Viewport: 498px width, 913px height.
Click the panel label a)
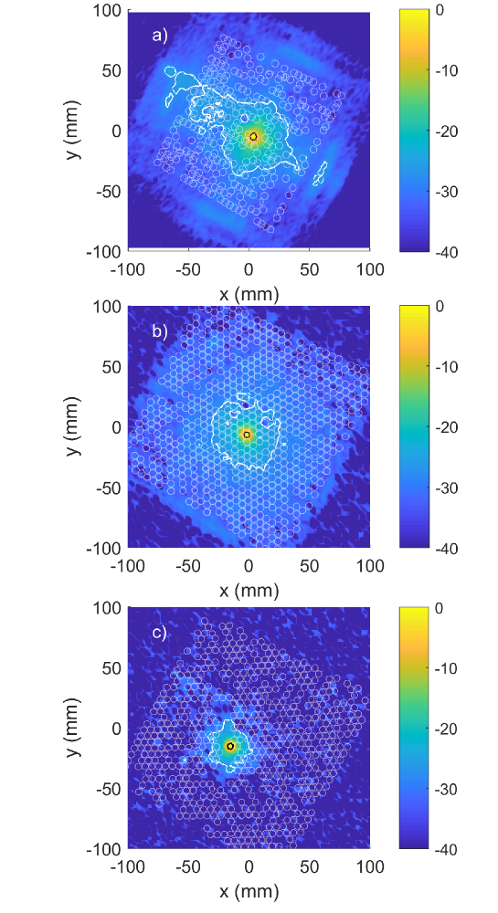159,36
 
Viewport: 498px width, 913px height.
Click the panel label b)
159,332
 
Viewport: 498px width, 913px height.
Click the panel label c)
159,632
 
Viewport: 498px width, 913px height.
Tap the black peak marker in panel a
253,136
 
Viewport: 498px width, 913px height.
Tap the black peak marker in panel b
247,435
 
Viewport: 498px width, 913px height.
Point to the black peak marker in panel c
230,746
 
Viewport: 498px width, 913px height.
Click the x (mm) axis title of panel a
249,293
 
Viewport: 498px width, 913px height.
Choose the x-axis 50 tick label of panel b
309,566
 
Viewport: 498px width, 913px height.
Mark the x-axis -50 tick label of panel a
187,268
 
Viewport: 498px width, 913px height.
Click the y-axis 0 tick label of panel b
116,427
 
